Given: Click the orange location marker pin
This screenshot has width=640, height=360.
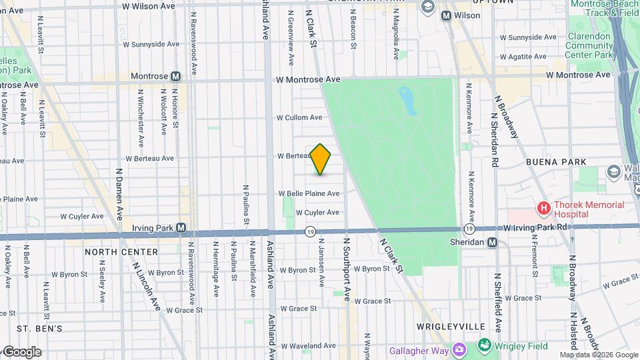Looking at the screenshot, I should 321,159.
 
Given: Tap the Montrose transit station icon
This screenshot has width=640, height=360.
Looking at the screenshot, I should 175,77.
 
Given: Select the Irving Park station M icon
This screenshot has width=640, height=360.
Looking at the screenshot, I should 181,228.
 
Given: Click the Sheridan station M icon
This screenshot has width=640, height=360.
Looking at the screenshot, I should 492,243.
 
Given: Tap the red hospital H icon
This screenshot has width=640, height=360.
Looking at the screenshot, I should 543,209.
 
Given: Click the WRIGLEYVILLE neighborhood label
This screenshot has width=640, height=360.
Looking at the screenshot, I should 450,327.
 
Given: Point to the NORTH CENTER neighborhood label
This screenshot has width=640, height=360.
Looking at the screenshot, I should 121,252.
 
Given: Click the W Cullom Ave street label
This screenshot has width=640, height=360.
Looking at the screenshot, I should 299,117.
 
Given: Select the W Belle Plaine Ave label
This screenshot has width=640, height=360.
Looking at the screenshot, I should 309,193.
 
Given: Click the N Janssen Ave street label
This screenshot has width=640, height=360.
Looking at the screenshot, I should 321,263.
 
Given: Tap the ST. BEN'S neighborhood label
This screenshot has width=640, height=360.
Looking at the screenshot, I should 39,329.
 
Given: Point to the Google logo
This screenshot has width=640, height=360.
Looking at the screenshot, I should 21,351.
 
